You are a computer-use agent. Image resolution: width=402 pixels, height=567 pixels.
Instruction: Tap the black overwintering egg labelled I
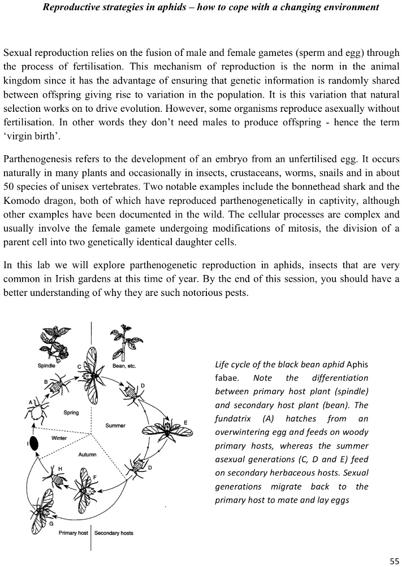pyautogui.click(x=34, y=444)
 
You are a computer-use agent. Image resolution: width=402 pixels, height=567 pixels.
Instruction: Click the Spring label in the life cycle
pyautogui.click(x=71, y=413)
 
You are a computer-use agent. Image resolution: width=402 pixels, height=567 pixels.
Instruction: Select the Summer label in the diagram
pyautogui.click(x=115, y=425)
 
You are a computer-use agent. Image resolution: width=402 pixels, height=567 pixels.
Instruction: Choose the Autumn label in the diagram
pyautogui.click(x=87, y=454)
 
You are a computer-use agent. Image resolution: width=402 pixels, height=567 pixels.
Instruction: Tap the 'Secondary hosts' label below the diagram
pyautogui.click(x=114, y=533)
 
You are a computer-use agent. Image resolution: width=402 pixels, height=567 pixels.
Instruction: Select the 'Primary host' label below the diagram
pyautogui.click(x=74, y=533)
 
